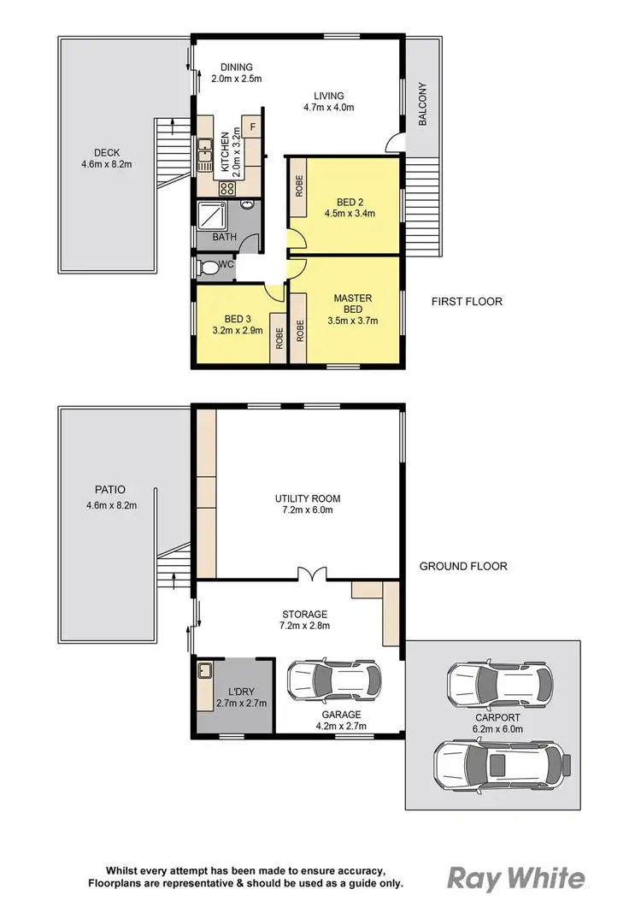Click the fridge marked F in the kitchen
click(x=252, y=127)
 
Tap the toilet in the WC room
click(x=205, y=268)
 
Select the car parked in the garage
click(x=330, y=681)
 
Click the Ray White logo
click(x=517, y=877)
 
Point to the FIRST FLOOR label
click(x=467, y=302)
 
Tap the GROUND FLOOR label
click(x=464, y=566)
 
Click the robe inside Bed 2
click(x=299, y=187)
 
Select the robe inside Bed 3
click(x=279, y=339)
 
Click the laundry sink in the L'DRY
click(x=205, y=670)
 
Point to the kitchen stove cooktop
click(x=227, y=190)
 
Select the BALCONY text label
click(x=422, y=105)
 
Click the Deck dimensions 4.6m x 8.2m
click(x=107, y=164)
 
